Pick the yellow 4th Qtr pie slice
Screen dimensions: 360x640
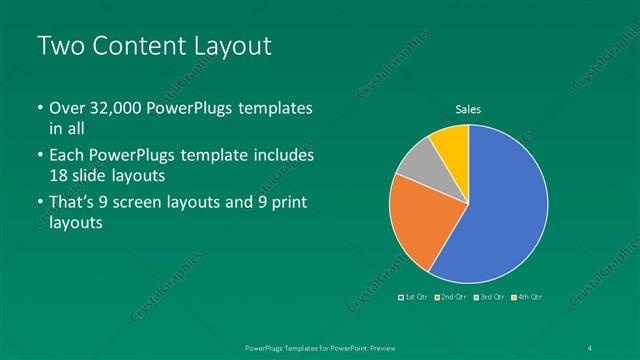[x=452, y=139]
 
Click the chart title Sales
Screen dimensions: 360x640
[x=469, y=109]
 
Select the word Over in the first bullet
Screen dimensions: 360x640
[x=67, y=108]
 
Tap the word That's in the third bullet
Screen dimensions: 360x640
[x=73, y=203]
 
